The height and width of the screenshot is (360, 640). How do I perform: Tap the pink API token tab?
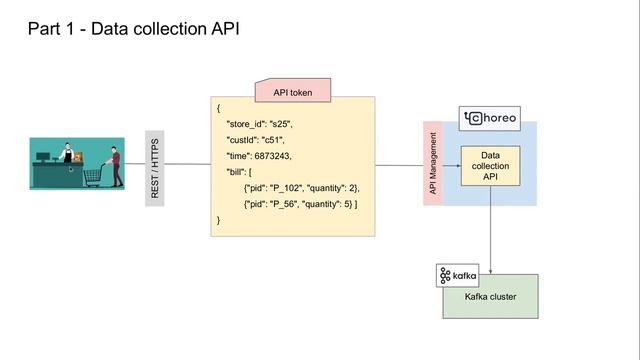[x=293, y=91]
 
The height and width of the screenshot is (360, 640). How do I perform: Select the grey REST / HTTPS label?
[x=155, y=168]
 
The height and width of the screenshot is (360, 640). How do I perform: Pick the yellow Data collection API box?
[x=490, y=168]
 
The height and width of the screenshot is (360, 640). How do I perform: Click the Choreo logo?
[x=491, y=118]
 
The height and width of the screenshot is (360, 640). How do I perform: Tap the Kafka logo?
[x=457, y=275]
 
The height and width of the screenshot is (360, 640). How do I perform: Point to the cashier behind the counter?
[x=67, y=158]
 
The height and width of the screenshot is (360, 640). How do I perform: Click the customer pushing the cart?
[x=115, y=166]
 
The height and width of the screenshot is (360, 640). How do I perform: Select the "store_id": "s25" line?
[x=259, y=123]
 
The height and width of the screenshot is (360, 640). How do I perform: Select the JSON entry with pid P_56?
[x=300, y=203]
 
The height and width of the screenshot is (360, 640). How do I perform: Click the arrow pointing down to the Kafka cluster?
[x=490, y=235]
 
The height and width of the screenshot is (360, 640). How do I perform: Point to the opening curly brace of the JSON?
[x=218, y=107]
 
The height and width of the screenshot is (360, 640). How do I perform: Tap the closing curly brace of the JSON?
[x=218, y=219]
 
